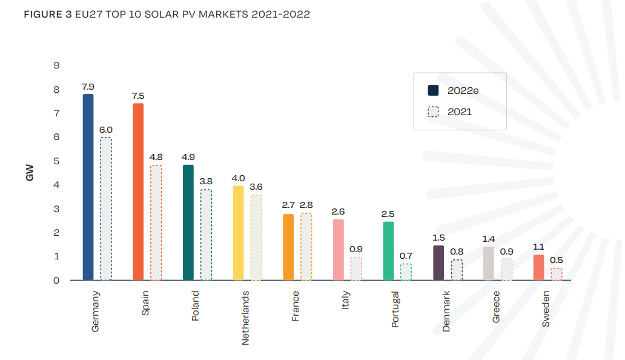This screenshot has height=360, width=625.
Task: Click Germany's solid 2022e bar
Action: point(88,187)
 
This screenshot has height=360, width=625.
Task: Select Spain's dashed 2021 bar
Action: point(156,223)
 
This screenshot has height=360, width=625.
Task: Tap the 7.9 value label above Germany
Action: point(88,87)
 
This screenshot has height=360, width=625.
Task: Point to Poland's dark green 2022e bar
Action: point(188,222)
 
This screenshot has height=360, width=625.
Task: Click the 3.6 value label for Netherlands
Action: point(256,187)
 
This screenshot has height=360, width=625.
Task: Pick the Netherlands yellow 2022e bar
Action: point(239,233)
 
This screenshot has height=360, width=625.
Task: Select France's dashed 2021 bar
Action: point(306,247)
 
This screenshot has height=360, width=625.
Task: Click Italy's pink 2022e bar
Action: point(339,250)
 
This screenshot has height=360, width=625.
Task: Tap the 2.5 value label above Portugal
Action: point(388,214)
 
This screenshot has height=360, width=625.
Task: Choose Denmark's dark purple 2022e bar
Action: point(438,263)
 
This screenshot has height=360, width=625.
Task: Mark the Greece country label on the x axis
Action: point(496,307)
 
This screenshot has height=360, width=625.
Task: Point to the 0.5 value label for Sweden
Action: point(557,261)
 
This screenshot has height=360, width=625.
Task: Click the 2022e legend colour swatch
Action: point(433,90)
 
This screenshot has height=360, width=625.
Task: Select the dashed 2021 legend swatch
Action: point(433,112)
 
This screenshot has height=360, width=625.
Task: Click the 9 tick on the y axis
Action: point(56,65)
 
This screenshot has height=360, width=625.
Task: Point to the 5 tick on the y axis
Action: point(56,161)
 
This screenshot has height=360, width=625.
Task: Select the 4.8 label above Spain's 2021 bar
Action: point(156,157)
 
